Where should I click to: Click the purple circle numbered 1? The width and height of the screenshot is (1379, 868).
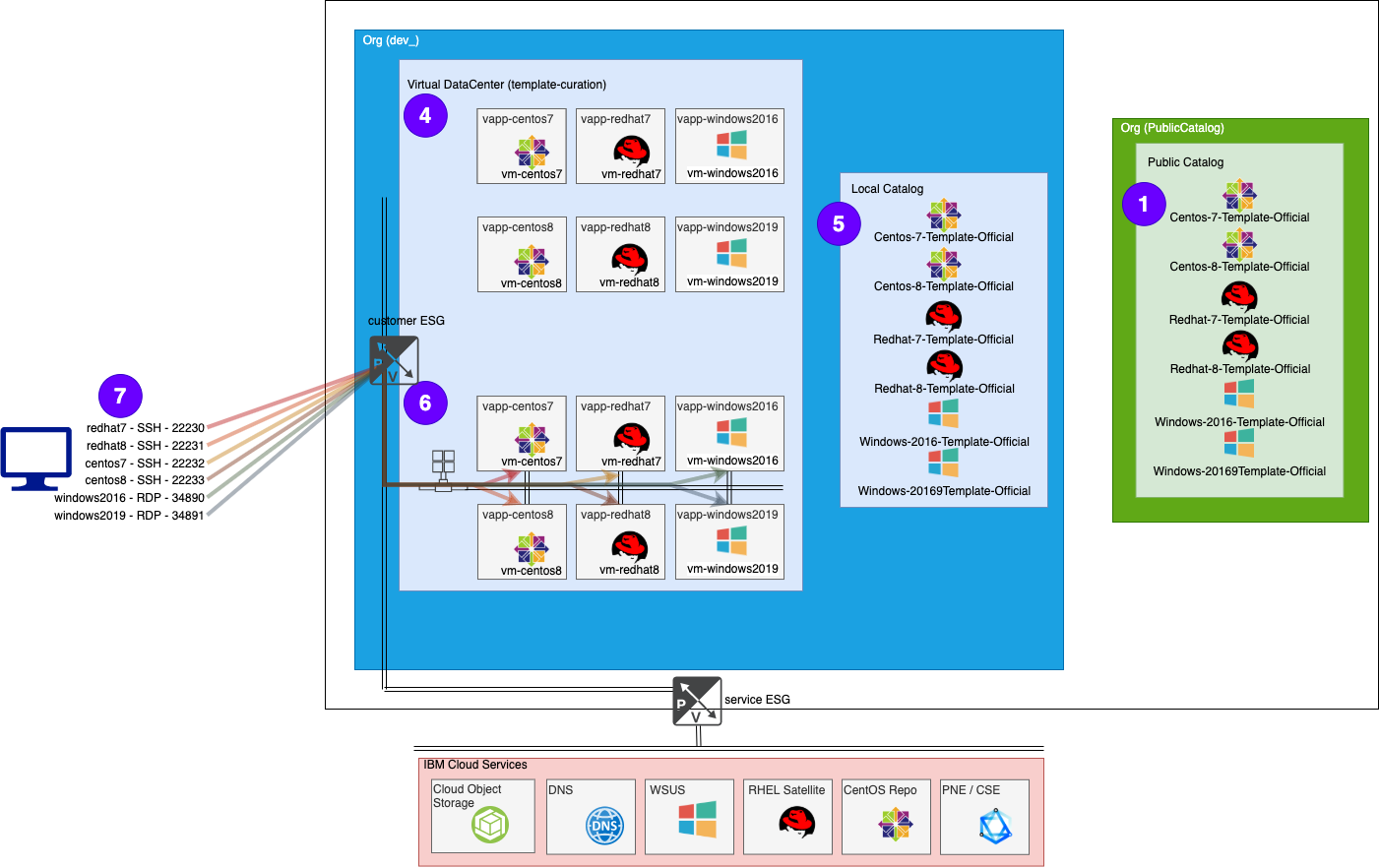point(1144,204)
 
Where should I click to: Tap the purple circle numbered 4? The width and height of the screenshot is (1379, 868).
point(425,115)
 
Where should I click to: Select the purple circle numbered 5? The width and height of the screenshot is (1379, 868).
point(839,223)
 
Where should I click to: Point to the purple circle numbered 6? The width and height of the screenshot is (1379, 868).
point(425,403)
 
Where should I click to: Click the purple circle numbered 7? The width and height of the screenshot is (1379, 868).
point(120,396)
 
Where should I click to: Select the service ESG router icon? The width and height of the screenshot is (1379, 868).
point(697,701)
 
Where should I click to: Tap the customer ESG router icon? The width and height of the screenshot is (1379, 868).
point(394,360)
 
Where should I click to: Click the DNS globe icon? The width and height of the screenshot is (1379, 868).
point(604,826)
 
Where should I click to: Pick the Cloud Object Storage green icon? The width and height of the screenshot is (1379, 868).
point(489,825)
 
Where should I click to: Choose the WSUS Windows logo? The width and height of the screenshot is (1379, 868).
point(697,819)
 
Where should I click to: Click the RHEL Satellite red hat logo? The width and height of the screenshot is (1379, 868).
point(796,822)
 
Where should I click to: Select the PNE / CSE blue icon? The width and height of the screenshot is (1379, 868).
point(995,827)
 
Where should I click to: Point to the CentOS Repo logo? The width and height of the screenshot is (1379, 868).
point(895,825)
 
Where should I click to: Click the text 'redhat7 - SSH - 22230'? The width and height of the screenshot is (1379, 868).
point(146,428)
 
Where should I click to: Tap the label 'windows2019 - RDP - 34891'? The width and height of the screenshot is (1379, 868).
point(129,516)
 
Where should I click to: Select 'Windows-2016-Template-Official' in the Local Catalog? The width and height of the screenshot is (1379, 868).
point(944,442)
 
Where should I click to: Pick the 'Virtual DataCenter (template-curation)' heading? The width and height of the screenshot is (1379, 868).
point(507,85)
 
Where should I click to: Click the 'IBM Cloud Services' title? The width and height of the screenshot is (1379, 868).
point(475,765)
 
